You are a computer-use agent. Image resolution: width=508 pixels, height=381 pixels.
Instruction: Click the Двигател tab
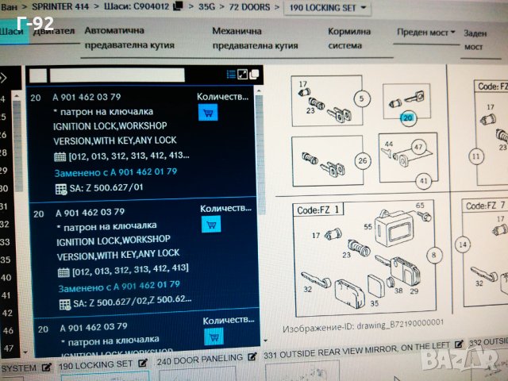pos(55,32)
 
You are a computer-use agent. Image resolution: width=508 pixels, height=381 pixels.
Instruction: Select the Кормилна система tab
pos(349,38)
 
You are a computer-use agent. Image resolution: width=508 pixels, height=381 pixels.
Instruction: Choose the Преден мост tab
pos(425,33)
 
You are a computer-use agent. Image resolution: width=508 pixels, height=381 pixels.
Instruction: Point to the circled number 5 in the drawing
pos(362,100)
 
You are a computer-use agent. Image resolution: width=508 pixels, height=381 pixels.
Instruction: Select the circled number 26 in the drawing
pos(364,162)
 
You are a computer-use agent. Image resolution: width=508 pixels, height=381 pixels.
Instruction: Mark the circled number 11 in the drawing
pos(475,156)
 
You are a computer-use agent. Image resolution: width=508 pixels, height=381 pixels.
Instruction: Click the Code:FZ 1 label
pos(319,210)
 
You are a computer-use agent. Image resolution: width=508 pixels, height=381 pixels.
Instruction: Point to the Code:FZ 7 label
pos(485,206)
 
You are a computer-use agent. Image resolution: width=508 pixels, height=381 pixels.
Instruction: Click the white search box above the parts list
pos(106,75)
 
